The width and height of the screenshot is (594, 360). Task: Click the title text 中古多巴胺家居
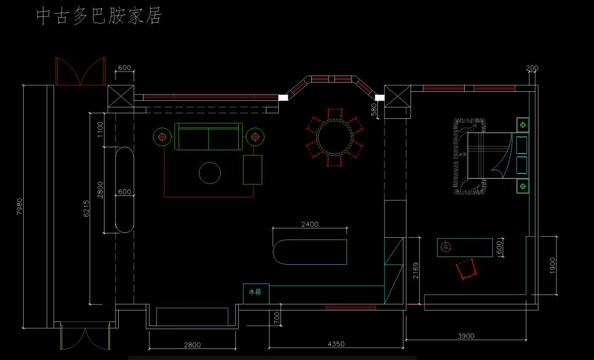coord(99,16)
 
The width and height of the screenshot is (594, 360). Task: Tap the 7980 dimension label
coord(19,206)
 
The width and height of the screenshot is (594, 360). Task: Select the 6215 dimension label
coord(86,209)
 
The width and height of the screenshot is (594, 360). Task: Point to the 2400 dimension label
coord(310,225)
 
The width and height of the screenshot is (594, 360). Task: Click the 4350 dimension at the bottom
coord(336,343)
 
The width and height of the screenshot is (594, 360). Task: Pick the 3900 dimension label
coord(466,336)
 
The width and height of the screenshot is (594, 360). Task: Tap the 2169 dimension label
coord(416,271)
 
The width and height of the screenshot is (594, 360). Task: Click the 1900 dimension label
coord(552,265)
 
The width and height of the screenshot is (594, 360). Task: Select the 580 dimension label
coord(374,110)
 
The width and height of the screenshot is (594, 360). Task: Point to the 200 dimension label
coord(532,68)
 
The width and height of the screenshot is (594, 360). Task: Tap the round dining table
coord(335,137)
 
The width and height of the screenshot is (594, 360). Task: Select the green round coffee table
coord(210,173)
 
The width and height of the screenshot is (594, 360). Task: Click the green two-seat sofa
coord(208,137)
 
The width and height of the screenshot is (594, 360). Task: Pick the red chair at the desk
coord(466,269)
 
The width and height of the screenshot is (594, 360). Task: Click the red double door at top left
coord(80,71)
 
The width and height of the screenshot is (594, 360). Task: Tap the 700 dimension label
coord(277,318)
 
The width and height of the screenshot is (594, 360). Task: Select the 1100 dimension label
coord(100,129)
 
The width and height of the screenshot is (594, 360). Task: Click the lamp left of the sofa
coord(162,137)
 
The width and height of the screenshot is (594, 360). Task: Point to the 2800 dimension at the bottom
coord(193,345)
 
